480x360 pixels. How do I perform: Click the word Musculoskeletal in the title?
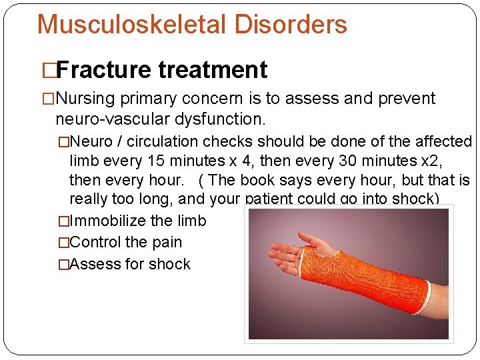click(130, 25)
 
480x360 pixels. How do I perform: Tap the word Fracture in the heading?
click(105, 69)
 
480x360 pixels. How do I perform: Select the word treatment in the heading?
click(213, 69)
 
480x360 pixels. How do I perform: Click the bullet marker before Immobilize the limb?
click(63, 221)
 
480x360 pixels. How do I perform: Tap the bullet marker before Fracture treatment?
click(49, 69)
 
